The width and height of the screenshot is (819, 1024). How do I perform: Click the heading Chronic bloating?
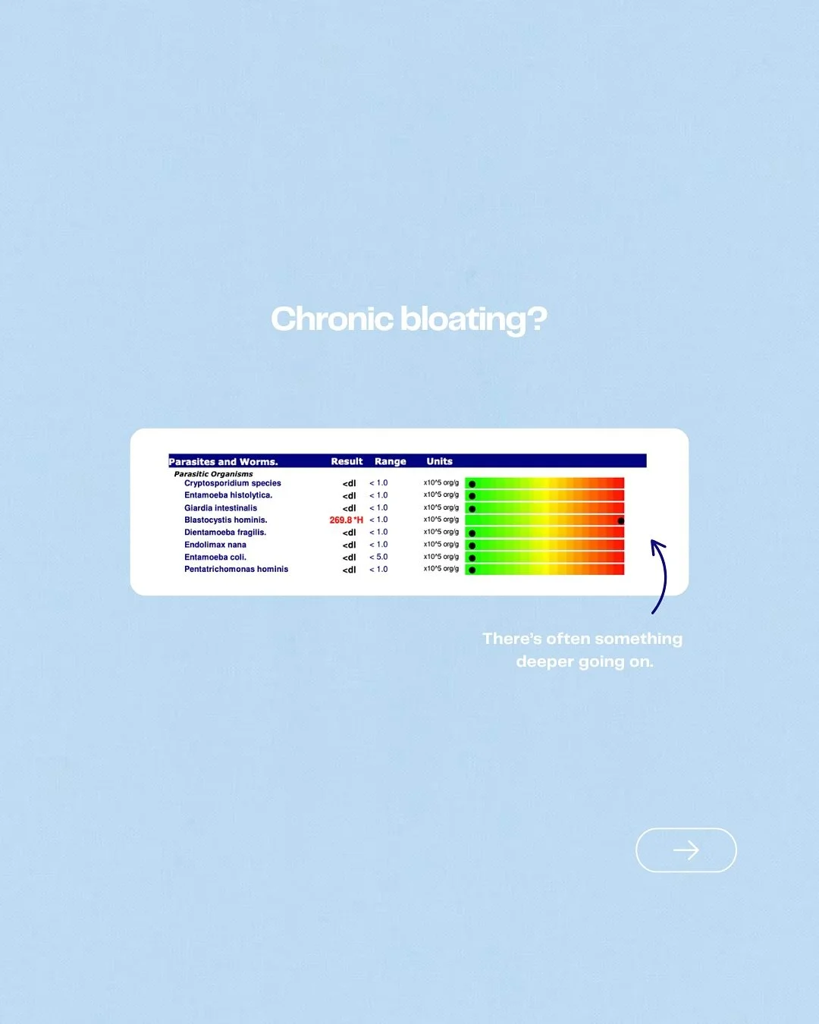(x=409, y=319)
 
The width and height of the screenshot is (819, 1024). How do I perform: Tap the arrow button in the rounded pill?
(x=686, y=850)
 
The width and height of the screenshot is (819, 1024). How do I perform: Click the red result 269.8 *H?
(x=346, y=520)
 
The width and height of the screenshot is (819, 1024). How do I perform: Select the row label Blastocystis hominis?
(x=225, y=520)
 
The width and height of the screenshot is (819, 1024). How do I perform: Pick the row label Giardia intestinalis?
(x=221, y=508)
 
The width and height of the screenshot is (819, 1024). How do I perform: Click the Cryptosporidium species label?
(x=232, y=483)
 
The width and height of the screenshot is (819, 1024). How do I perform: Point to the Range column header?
(x=390, y=461)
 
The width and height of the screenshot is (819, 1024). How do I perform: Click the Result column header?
(x=347, y=461)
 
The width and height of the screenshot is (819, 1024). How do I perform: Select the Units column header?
(x=439, y=461)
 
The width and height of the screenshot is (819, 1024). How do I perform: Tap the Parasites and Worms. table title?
(x=223, y=461)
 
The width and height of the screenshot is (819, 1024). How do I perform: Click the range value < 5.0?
(x=378, y=557)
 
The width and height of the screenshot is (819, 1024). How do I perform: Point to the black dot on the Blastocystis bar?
(x=620, y=521)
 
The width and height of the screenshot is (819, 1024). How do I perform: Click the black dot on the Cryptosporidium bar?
(x=472, y=484)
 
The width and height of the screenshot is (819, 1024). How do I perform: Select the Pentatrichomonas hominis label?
(x=236, y=569)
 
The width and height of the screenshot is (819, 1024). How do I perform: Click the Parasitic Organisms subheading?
(x=213, y=474)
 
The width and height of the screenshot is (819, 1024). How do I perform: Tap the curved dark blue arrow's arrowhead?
(x=656, y=544)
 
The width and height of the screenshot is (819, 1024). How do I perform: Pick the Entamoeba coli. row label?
(x=215, y=557)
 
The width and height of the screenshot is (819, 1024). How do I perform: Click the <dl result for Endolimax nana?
(x=349, y=545)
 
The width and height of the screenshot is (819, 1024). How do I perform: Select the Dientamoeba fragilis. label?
(x=225, y=532)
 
